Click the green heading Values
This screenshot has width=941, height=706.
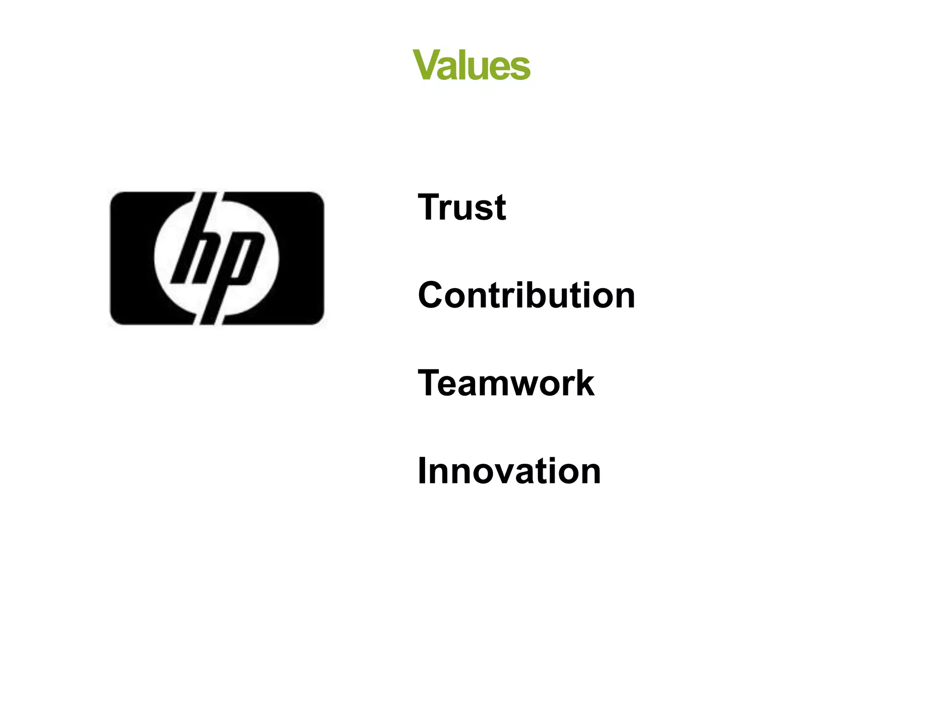click(471, 65)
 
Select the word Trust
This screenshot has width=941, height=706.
click(462, 207)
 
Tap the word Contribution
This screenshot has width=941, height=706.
click(527, 295)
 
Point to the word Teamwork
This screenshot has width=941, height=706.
click(506, 383)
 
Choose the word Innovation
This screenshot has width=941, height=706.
click(509, 471)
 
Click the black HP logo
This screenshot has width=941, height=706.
click(217, 258)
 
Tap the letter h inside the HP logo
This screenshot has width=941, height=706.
click(195, 248)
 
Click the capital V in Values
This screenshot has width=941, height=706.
click(427, 65)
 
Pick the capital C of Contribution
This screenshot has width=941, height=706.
click(431, 295)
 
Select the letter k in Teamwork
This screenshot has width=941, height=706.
click(584, 383)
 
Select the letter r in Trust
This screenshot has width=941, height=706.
click(448, 211)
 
